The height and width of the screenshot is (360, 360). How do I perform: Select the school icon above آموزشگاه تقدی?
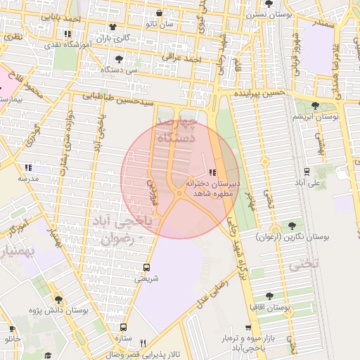point(67,33)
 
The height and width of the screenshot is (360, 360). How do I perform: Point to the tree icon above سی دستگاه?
point(117,59)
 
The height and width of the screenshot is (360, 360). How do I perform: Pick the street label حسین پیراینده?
point(261,93)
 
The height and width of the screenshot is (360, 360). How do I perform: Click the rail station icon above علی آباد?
point(307,171)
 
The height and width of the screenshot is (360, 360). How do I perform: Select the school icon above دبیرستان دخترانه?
point(213,172)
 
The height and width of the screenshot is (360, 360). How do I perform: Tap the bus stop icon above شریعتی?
point(146,267)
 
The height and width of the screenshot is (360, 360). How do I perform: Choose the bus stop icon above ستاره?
point(124,327)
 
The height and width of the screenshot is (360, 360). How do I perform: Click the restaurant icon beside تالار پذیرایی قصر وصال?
point(143,342)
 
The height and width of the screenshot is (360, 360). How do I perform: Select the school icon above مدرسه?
point(28,167)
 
